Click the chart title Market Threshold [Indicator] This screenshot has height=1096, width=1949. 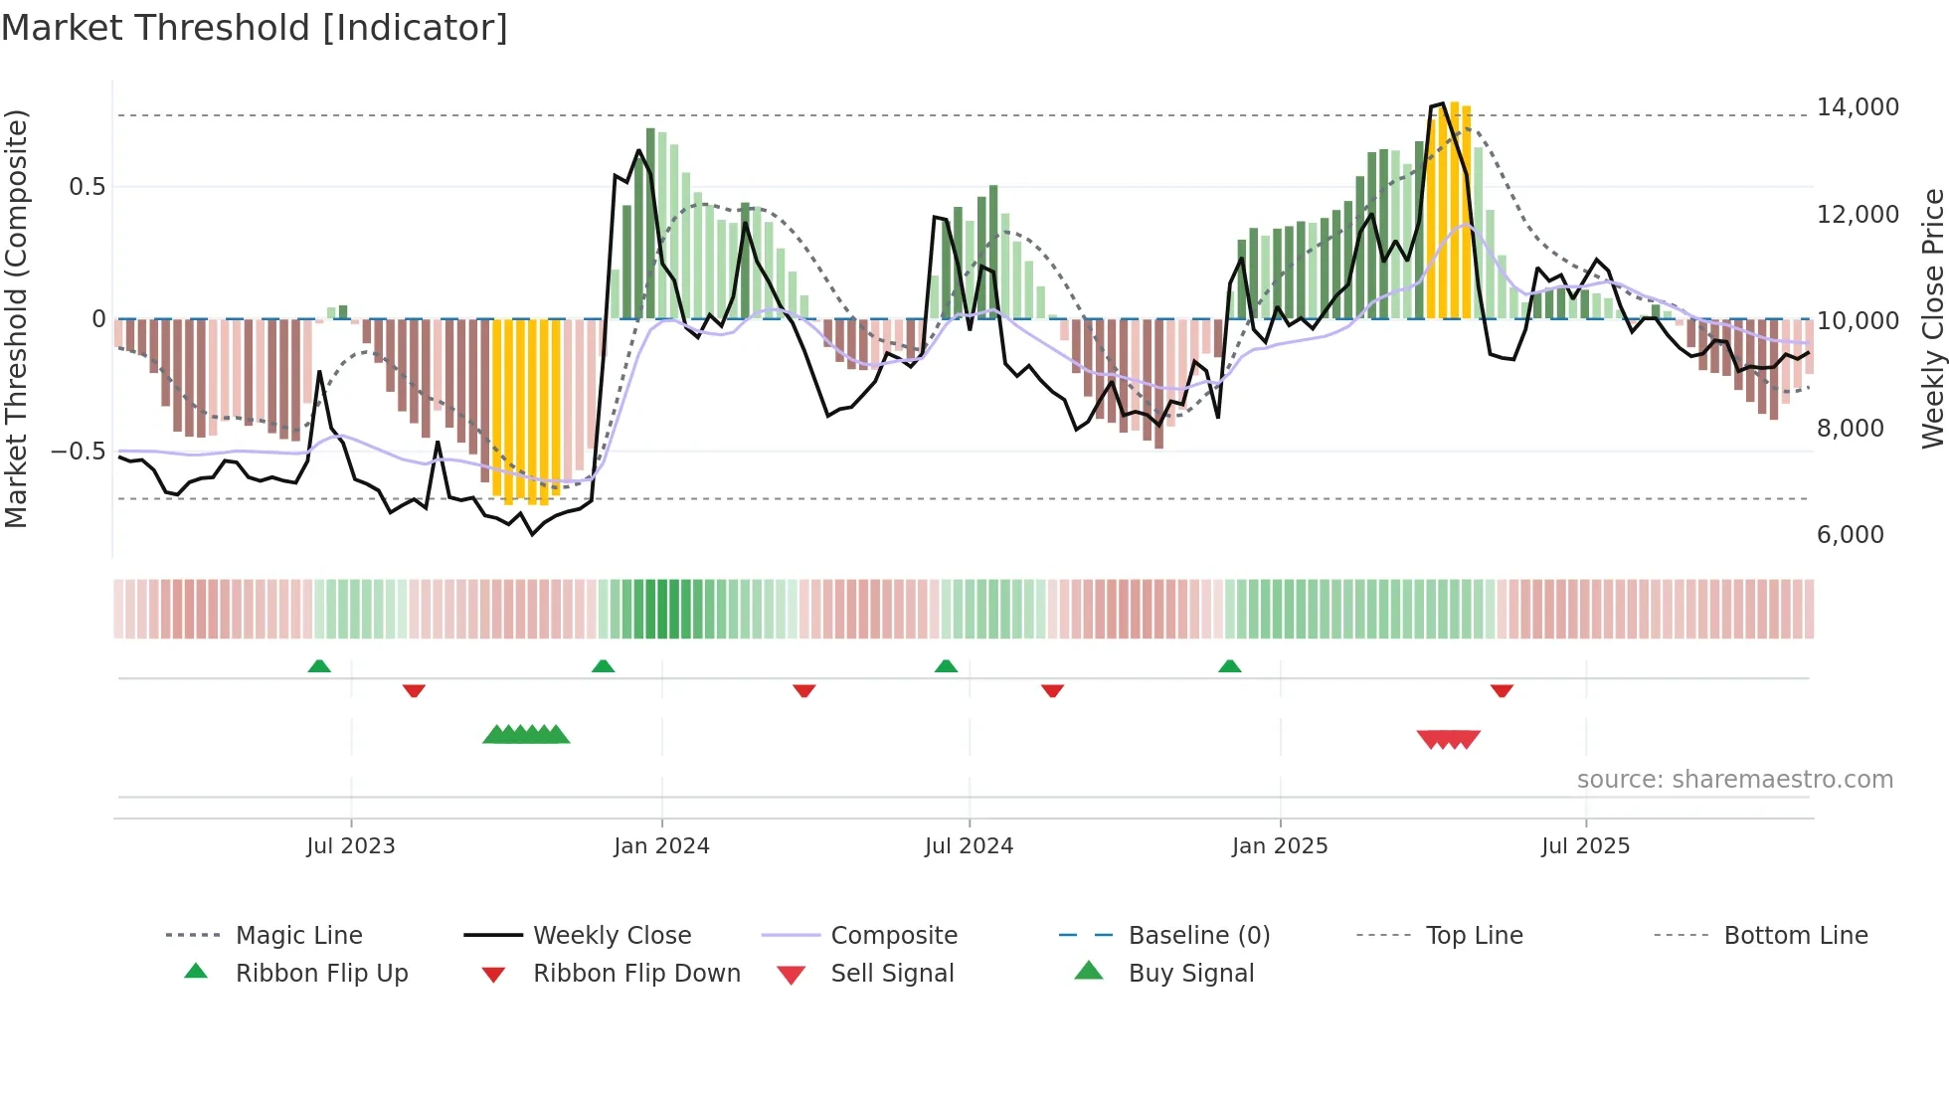pos(255,28)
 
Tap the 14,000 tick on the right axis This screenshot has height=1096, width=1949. pos(1857,107)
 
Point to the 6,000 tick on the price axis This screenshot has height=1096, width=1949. pos(1850,535)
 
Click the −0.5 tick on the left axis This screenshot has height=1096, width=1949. pos(79,452)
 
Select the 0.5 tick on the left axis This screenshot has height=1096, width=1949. pos(88,187)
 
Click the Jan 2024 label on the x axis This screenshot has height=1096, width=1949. pos(661,846)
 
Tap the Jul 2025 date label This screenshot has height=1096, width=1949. pos(1585,846)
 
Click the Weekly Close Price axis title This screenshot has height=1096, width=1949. pos(1932,318)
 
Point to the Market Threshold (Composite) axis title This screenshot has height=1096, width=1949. pos(16,318)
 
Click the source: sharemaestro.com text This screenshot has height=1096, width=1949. pos(1734,780)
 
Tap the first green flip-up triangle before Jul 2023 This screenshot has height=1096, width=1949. pos(319,666)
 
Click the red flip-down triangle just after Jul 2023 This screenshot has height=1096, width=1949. pos(414,690)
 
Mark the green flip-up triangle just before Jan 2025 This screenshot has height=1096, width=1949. pos(1230,666)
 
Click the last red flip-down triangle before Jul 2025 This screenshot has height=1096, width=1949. pos(1502,690)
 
